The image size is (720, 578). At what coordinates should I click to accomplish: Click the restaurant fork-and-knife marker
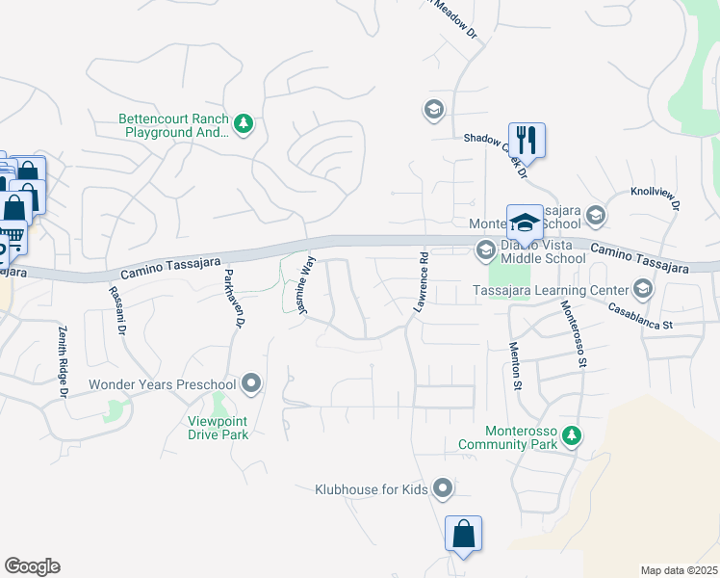pyautogui.click(x=527, y=140)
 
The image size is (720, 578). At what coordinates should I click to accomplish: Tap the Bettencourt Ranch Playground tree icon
pyautogui.click(x=244, y=123)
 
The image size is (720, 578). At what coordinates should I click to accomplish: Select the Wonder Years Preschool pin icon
pyautogui.click(x=252, y=384)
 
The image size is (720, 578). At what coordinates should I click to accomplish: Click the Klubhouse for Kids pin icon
pyautogui.click(x=443, y=489)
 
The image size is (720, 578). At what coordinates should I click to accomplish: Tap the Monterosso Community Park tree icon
pyautogui.click(x=572, y=435)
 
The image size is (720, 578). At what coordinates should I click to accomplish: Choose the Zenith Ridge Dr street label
pyautogui.click(x=63, y=361)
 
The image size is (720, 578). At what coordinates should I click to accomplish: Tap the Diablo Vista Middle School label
pyautogui.click(x=542, y=251)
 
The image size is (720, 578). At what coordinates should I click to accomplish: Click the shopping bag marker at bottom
pyautogui.click(x=463, y=533)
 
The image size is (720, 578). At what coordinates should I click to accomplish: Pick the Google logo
pyautogui.click(x=32, y=566)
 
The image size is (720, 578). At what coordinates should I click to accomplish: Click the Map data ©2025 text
pyautogui.click(x=679, y=570)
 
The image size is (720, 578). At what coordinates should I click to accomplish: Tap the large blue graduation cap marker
pyautogui.click(x=526, y=222)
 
